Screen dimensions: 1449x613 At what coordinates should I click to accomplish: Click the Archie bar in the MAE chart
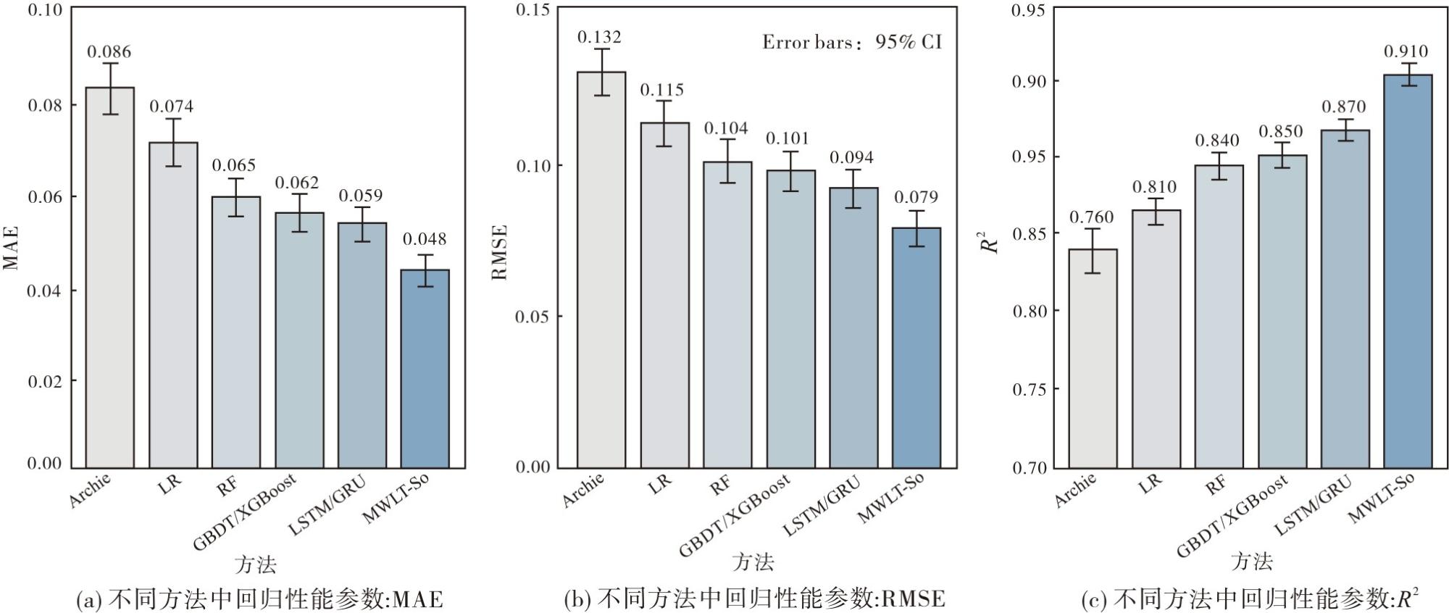tap(109, 278)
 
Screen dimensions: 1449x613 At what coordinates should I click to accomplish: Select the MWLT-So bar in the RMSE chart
tap(916, 348)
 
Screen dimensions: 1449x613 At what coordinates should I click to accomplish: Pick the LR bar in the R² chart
tap(1156, 339)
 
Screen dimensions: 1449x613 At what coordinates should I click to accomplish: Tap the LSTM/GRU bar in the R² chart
tap(1345, 299)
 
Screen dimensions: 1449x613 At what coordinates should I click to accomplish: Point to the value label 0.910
tap(1406, 51)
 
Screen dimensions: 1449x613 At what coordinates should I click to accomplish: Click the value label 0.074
tap(172, 107)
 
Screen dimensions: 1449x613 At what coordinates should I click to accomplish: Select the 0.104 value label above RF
tap(726, 128)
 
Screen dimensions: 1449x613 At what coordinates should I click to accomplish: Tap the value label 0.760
tap(1092, 217)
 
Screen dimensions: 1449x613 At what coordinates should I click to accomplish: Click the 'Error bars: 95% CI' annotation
tap(852, 42)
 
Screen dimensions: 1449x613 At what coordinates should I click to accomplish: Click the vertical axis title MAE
tap(10, 249)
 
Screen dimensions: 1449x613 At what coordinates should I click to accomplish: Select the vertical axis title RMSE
tap(500, 252)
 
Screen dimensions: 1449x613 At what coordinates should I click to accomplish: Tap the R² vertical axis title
tap(990, 242)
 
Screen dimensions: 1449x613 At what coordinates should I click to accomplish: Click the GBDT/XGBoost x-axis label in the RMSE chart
tap(735, 514)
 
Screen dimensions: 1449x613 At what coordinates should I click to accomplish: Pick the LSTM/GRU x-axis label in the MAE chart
tap(327, 505)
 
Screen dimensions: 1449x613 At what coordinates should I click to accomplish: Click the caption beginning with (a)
tap(259, 599)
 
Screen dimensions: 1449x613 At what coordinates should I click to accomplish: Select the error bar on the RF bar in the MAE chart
tap(235, 197)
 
